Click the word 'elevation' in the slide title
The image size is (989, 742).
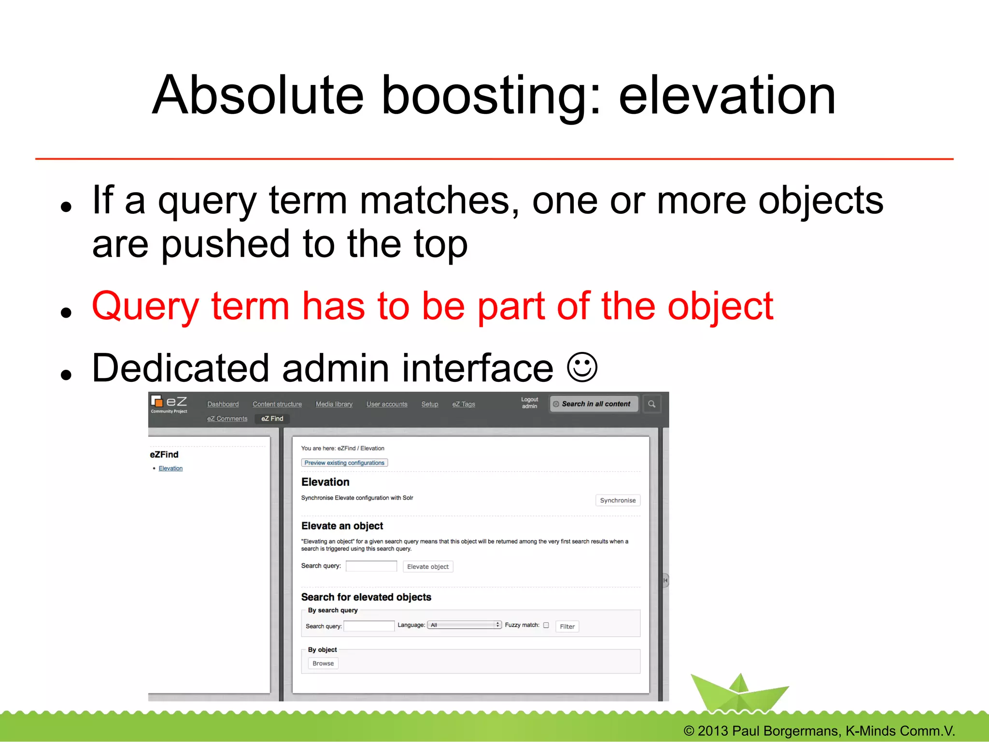(x=726, y=95)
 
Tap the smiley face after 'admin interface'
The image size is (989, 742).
(x=582, y=367)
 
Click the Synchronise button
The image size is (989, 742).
(x=617, y=500)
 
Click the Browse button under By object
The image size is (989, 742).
(x=323, y=663)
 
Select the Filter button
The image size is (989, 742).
(x=567, y=626)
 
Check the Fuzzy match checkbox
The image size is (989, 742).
(x=546, y=625)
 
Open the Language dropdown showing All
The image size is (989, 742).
(x=464, y=625)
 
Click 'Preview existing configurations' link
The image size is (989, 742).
(x=344, y=462)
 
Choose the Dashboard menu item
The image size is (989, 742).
(x=223, y=404)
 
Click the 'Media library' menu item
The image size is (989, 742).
(x=334, y=404)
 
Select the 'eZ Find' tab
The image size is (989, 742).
(x=272, y=419)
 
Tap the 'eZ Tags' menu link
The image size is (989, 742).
(x=463, y=404)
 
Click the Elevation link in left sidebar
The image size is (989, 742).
(x=170, y=468)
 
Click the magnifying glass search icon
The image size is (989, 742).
(x=651, y=404)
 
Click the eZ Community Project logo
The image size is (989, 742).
(x=169, y=404)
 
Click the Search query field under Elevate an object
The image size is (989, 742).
(x=371, y=566)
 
